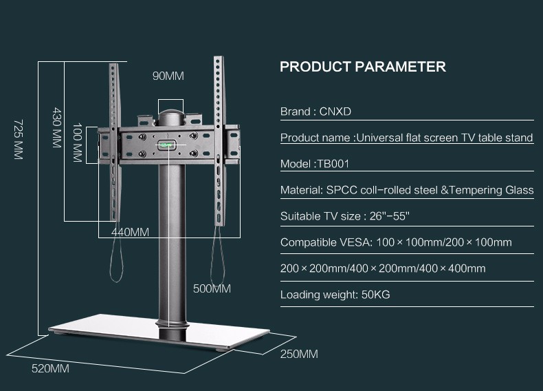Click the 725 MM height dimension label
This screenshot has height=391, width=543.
[19, 140]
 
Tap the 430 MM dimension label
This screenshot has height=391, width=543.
[57, 127]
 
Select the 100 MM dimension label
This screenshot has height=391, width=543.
[78, 142]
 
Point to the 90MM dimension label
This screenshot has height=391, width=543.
[168, 76]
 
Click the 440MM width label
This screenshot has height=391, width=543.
[130, 232]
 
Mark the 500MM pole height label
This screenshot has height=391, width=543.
[212, 288]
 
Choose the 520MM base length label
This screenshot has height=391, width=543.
[50, 368]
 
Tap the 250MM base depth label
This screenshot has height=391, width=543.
[299, 354]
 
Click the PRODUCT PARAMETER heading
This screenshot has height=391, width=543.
[363, 67]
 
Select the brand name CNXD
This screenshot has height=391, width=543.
[335, 112]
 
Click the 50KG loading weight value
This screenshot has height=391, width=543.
[376, 295]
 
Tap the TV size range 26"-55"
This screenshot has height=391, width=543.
[390, 216]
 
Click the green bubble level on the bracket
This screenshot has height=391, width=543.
[166, 145]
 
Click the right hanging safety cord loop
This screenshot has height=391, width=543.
[217, 255]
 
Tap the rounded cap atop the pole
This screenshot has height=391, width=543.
[171, 117]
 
